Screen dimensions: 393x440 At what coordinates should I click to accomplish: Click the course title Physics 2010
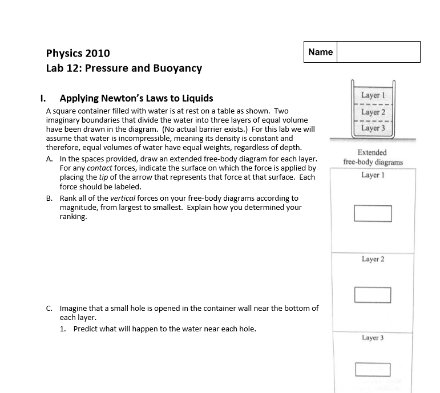(78, 54)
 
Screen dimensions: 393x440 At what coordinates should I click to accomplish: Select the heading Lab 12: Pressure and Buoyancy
(124, 68)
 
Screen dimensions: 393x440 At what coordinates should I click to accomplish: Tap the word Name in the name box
(320, 52)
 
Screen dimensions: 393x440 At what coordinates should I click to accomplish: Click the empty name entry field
(378, 52)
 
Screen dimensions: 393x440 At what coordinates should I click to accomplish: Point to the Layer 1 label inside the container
(373, 95)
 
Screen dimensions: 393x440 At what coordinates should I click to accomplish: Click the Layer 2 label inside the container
(373, 112)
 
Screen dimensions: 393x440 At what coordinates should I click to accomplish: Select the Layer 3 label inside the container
(373, 128)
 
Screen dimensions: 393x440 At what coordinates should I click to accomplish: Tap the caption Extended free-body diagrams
(373, 157)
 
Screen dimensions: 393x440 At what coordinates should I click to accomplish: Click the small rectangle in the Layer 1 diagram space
(373, 213)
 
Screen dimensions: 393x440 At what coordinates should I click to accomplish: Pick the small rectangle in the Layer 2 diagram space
(372, 295)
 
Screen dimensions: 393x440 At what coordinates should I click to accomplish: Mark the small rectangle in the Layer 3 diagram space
(373, 370)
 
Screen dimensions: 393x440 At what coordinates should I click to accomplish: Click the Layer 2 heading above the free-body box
(373, 260)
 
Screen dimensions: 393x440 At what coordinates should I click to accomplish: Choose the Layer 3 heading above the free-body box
(373, 338)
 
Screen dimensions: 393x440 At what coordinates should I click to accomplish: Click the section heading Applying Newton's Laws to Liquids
(136, 98)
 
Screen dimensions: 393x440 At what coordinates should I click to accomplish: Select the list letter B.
(50, 198)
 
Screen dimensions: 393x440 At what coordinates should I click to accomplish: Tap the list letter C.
(50, 309)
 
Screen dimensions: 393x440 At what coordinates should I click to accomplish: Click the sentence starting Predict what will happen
(164, 329)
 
